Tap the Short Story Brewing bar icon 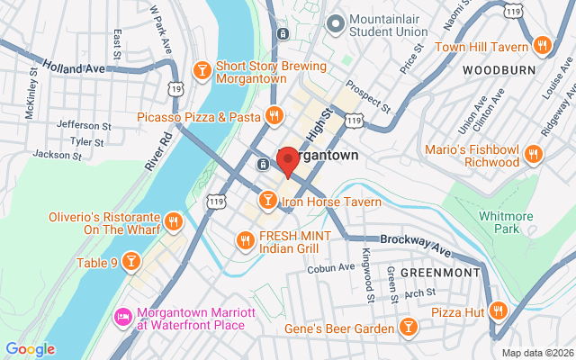tap(202, 68)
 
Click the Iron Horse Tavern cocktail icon tap(267, 199)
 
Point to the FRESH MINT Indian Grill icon tap(244, 239)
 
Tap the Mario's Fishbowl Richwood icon tap(534, 154)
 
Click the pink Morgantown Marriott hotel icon tap(122, 318)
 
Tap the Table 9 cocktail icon tap(131, 261)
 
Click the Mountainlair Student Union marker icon tap(336, 22)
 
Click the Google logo tap(30, 349)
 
